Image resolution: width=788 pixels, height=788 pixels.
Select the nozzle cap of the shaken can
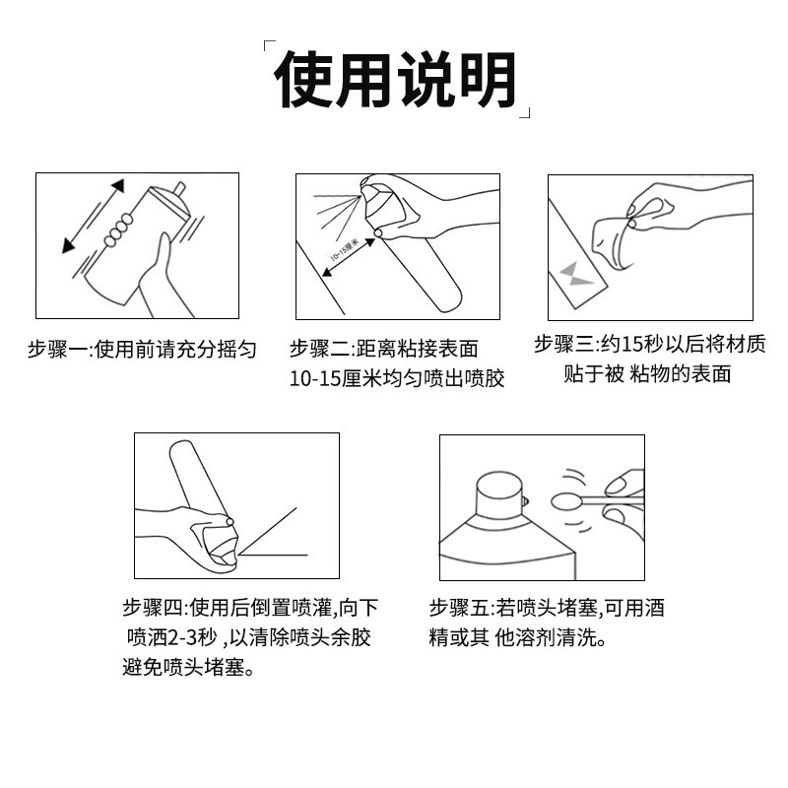click(178, 186)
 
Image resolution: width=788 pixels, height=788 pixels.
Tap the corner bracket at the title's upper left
click(267, 46)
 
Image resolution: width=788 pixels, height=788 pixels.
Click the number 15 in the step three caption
click(633, 345)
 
